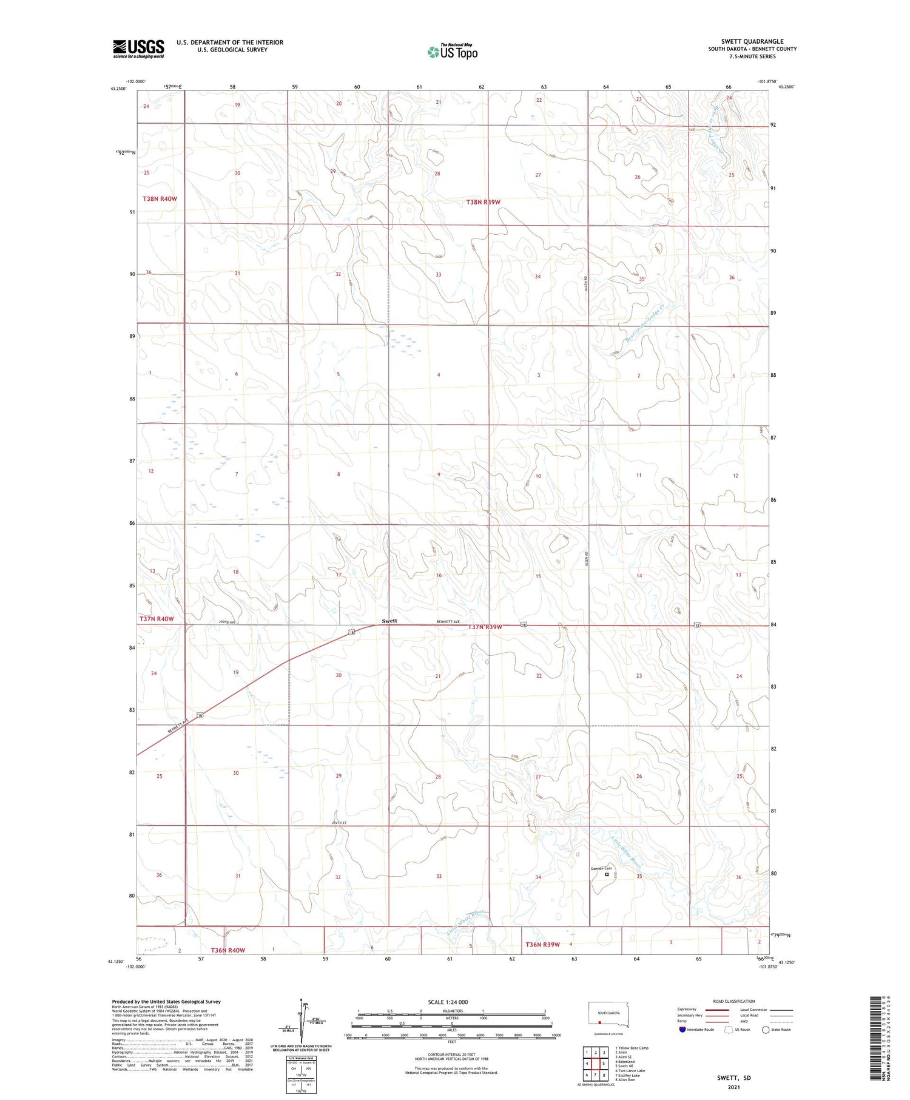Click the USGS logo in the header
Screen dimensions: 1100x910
tap(138, 49)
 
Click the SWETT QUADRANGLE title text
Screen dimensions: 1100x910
tap(752, 41)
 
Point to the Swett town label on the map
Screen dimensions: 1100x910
tap(389, 621)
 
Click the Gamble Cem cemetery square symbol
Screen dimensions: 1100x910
tap(606, 874)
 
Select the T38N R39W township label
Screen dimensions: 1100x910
tap(483, 202)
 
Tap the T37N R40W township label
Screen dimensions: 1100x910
tap(157, 619)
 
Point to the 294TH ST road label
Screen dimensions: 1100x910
tap(342, 822)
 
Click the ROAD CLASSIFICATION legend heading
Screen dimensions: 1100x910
tap(733, 1001)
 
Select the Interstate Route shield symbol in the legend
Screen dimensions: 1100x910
tap(682, 1030)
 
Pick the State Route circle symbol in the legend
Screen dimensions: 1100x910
tap(766, 1030)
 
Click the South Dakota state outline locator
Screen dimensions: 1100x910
tap(608, 1014)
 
